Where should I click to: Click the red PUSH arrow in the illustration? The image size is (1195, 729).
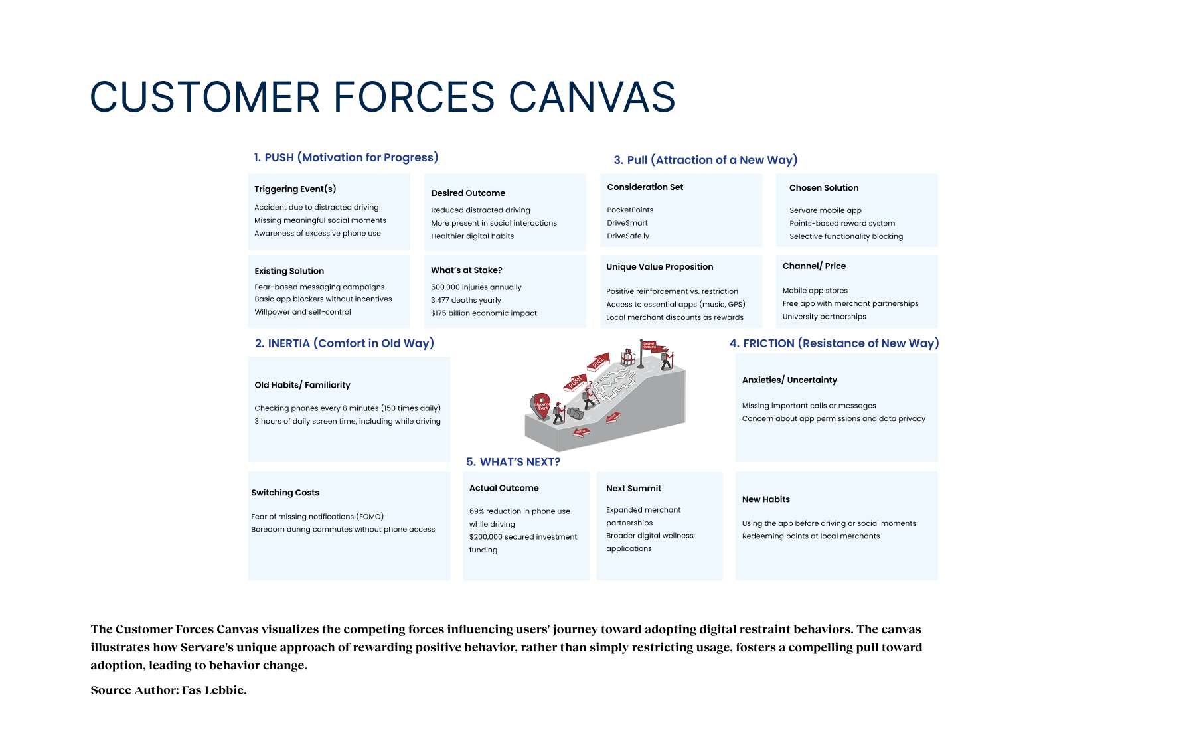pos(574,382)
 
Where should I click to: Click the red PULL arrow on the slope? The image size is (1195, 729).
pos(598,362)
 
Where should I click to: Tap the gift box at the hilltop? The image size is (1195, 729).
pos(627,357)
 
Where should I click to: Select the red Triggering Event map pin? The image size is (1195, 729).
pos(541,405)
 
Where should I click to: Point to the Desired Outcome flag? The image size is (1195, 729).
pos(649,347)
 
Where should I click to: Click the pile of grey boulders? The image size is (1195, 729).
pos(575,413)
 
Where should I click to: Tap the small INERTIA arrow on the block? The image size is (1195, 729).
pos(581,432)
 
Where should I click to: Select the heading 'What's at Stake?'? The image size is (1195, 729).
pos(466,270)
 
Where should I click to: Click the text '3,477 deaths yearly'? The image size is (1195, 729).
pos(465,300)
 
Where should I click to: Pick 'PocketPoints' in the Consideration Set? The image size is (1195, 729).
pos(630,210)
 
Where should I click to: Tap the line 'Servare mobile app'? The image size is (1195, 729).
pos(825,210)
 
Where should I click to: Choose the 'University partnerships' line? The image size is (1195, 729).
pos(824,317)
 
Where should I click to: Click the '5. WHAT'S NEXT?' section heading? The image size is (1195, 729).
pos(513,462)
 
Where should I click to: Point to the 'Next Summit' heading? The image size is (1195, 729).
pos(633,489)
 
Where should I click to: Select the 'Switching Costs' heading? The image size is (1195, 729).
pos(285,493)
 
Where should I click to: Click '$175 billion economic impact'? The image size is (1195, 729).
pos(483,313)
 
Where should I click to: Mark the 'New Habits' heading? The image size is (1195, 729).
pos(765,499)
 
